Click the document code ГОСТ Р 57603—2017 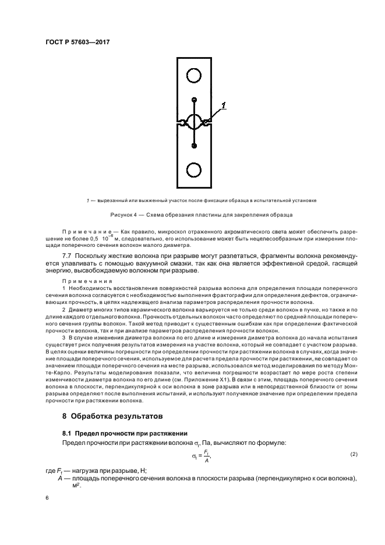point(77,42)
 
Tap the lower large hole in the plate point(193,170)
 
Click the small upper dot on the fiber point(194,100)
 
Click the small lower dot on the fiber point(194,146)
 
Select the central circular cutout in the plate point(193,122)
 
